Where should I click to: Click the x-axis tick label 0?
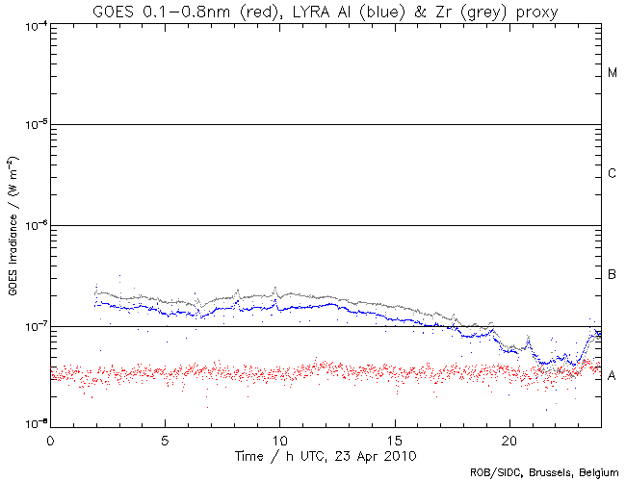(x=50, y=439)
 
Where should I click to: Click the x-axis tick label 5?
(x=165, y=439)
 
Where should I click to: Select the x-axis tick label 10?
(x=279, y=439)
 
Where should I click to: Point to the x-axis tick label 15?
(x=394, y=439)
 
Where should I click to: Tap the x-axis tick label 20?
(x=509, y=439)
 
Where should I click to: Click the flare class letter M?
(x=613, y=73)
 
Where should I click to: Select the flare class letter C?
(x=613, y=174)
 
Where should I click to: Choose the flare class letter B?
(x=613, y=275)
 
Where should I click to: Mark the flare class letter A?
(x=613, y=375)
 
